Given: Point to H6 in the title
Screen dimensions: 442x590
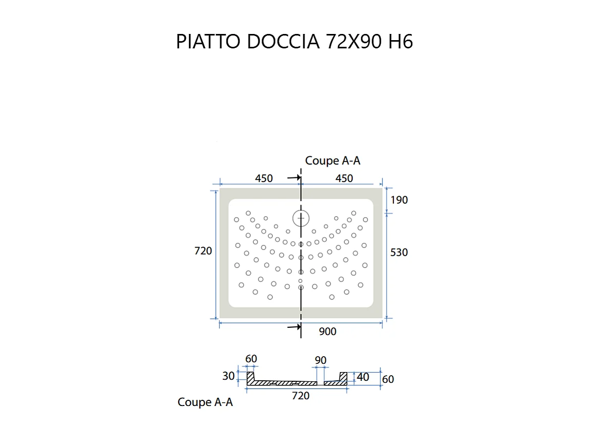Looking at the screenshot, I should pyautogui.click(x=401, y=42).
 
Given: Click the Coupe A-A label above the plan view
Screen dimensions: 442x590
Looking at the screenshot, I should pyautogui.click(x=333, y=161).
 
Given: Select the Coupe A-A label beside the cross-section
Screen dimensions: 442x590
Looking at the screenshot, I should pyautogui.click(x=205, y=402).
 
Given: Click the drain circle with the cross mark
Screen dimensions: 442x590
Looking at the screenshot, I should pyautogui.click(x=301, y=218).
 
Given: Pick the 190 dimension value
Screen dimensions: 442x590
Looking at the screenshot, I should pyautogui.click(x=398, y=200).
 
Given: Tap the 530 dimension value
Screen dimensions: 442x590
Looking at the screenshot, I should pyautogui.click(x=398, y=252).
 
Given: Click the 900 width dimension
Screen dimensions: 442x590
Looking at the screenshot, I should pyautogui.click(x=327, y=332).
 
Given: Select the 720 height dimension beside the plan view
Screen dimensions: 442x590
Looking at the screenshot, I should pyautogui.click(x=203, y=251).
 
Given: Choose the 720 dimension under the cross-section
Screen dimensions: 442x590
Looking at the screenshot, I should pyautogui.click(x=301, y=396).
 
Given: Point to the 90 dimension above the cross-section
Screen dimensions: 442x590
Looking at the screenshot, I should pyautogui.click(x=320, y=360).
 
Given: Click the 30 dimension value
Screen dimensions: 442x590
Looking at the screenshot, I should pyautogui.click(x=229, y=376).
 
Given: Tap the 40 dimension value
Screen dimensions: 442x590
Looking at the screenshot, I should pyautogui.click(x=363, y=377).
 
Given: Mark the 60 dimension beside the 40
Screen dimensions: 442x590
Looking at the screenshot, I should pyautogui.click(x=388, y=379).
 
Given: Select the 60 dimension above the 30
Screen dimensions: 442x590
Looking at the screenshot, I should pyautogui.click(x=251, y=359).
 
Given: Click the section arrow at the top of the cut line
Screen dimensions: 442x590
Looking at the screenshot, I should pyautogui.click(x=294, y=178).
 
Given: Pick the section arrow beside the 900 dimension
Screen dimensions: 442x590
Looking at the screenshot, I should pyautogui.click(x=294, y=327).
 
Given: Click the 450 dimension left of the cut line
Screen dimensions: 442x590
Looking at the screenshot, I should pyautogui.click(x=264, y=179).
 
